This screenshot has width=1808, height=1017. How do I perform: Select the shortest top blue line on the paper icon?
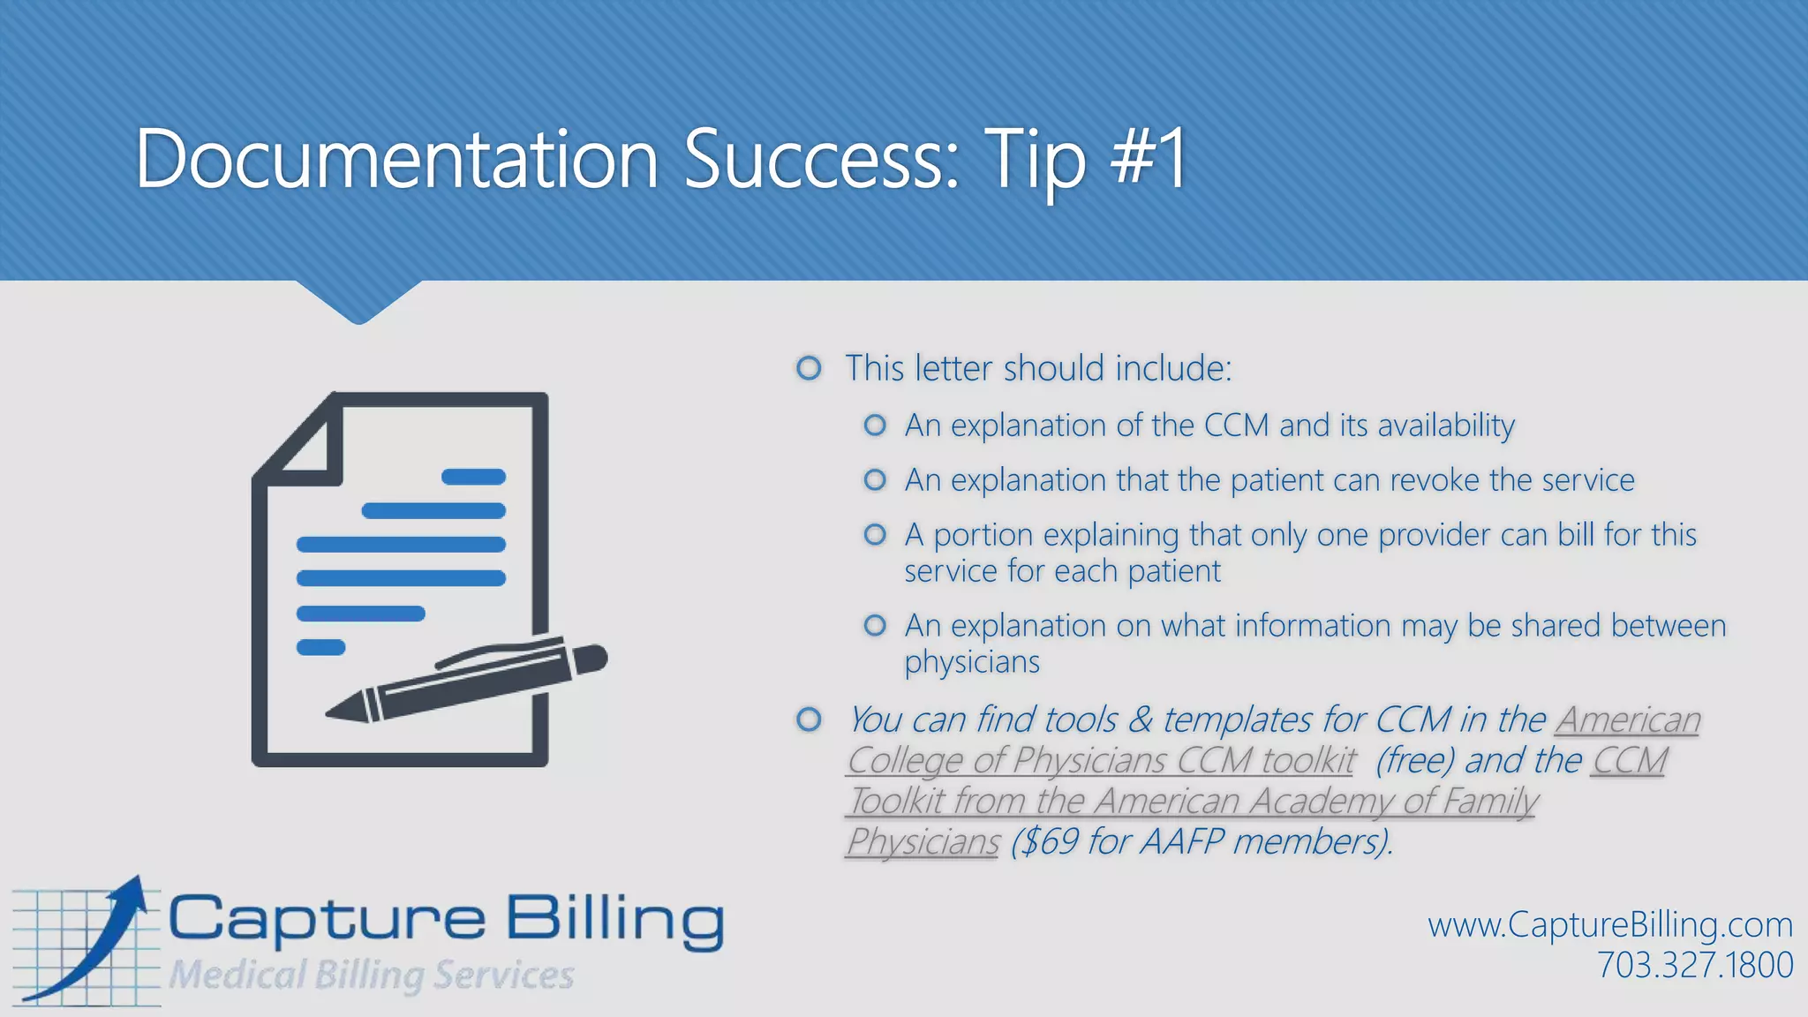473,477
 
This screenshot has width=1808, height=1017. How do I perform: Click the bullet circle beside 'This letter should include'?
809,368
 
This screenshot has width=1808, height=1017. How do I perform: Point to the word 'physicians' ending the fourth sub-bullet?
972,662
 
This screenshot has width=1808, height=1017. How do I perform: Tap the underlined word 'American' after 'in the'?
1628,719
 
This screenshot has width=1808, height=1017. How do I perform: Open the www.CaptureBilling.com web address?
1610,925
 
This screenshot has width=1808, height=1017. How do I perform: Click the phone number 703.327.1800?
1695,965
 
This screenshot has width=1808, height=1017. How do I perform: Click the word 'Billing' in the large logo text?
614,920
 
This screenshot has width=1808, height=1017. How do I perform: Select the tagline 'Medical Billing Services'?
371,976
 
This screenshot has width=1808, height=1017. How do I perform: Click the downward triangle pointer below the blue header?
358,302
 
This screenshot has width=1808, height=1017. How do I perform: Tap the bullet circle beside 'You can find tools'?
809,719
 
